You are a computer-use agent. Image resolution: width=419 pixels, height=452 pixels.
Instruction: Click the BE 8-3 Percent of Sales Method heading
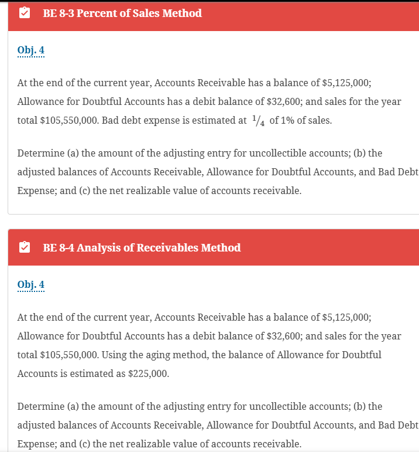click(x=122, y=13)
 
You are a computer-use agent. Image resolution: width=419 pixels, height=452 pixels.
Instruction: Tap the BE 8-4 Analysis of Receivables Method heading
click(x=142, y=247)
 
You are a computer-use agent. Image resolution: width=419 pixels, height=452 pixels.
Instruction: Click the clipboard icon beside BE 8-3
click(x=25, y=13)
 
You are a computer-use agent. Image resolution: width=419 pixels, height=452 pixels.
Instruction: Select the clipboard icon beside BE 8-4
click(x=25, y=247)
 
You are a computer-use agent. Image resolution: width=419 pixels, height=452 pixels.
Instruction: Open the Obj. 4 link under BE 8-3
click(x=31, y=50)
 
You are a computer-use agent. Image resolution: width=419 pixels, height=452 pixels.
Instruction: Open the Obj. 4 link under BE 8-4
click(x=31, y=285)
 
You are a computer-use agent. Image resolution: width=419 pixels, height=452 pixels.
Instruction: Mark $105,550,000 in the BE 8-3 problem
click(x=64, y=121)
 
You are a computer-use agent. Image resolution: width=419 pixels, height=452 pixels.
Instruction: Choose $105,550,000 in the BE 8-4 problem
click(x=64, y=355)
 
